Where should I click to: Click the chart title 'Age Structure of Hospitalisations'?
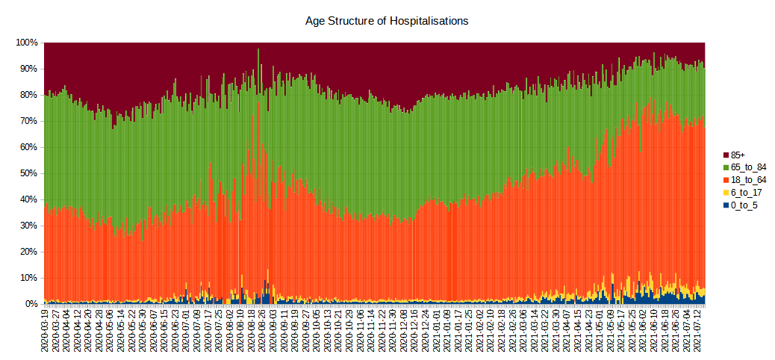point(387,21)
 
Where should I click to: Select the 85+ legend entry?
point(738,154)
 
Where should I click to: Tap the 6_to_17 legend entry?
point(746,193)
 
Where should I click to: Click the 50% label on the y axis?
point(29,173)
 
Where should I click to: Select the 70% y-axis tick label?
point(29,121)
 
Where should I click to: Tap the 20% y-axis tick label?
point(29,252)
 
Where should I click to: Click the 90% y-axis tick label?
point(29,69)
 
